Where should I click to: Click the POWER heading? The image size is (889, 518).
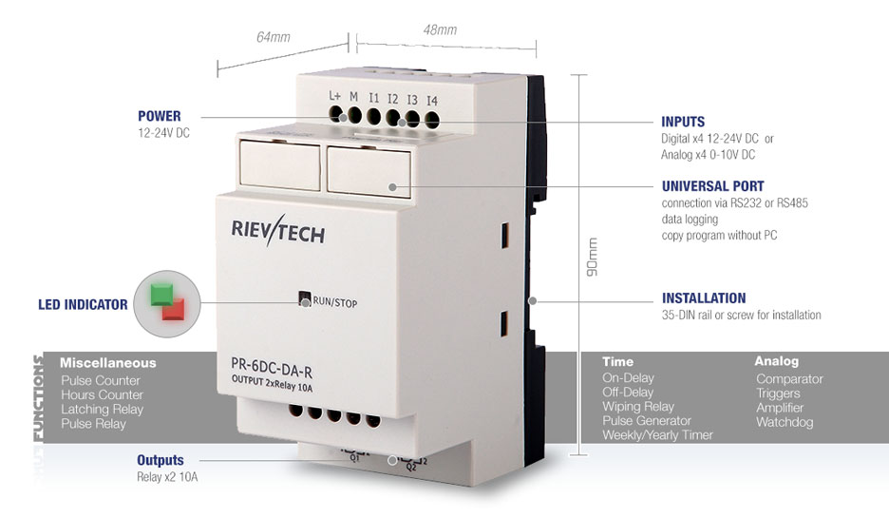click(x=159, y=116)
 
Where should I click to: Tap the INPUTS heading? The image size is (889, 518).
click(x=683, y=122)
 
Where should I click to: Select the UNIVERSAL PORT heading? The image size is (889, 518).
click(x=712, y=186)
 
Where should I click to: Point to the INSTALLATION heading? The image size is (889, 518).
click(x=704, y=297)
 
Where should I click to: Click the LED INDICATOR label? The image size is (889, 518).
click(x=83, y=305)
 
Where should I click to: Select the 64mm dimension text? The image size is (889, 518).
click(x=273, y=37)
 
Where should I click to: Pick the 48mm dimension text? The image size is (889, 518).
click(x=440, y=29)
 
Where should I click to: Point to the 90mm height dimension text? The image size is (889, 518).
click(x=593, y=258)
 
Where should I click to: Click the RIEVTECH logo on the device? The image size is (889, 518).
click(x=277, y=230)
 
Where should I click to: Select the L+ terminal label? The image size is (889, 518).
click(x=334, y=96)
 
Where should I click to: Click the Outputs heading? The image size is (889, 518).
click(x=160, y=460)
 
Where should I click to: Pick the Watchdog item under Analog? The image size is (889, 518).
click(x=785, y=422)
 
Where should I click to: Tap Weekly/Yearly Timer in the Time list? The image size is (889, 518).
click(x=657, y=435)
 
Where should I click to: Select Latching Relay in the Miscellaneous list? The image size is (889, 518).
click(x=102, y=410)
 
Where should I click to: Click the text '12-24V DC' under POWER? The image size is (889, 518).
click(x=163, y=134)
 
